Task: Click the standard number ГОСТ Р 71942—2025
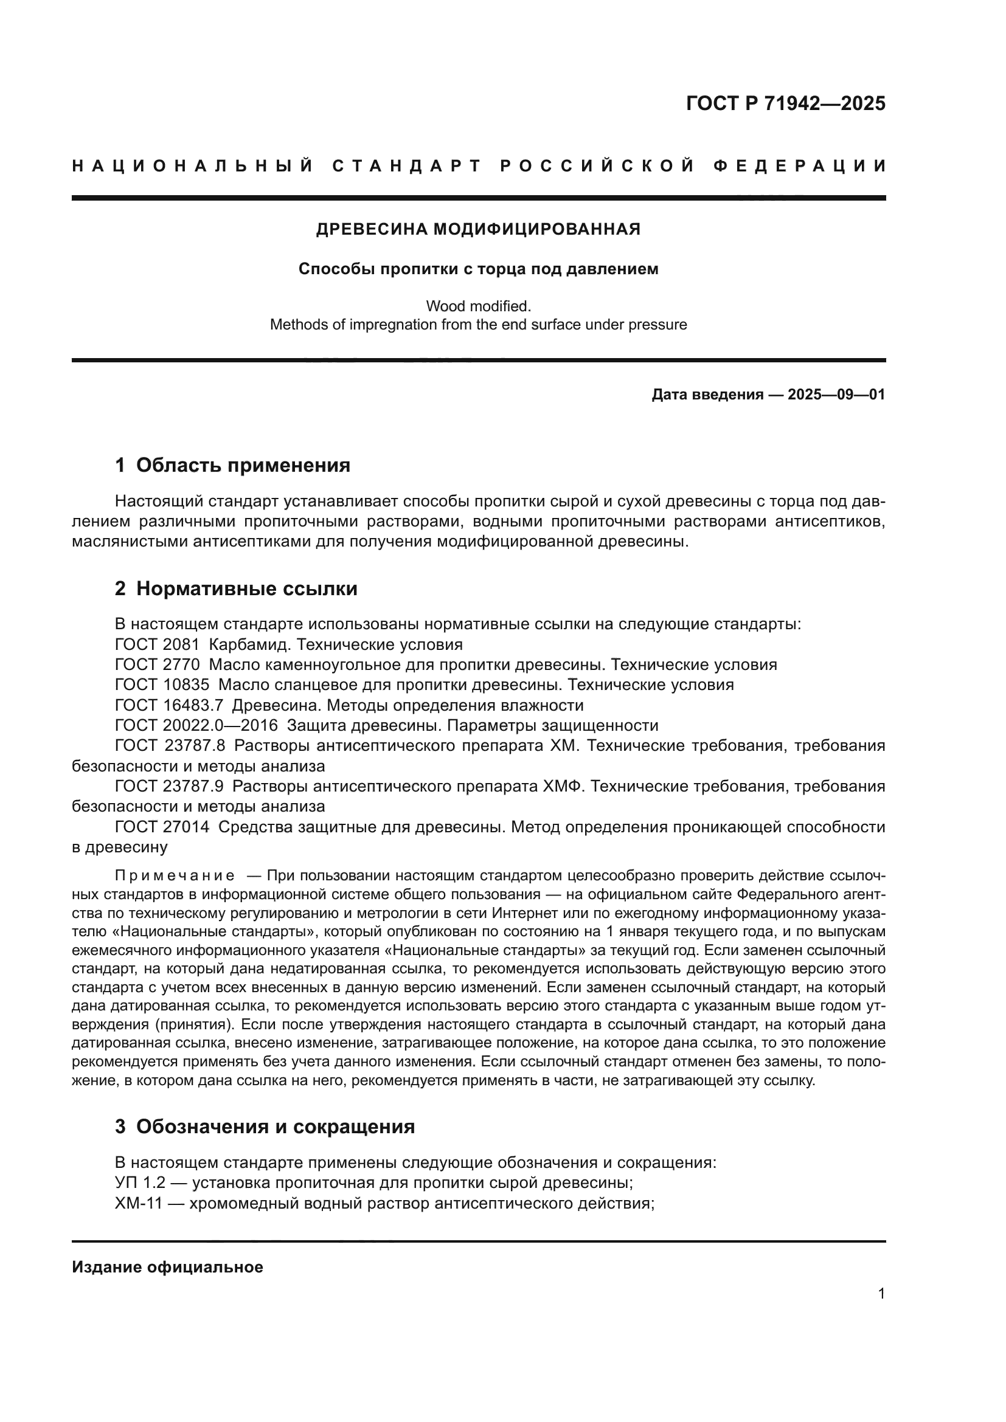pos(785,103)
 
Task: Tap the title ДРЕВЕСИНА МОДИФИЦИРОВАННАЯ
pos(478,229)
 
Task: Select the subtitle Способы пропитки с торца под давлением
pos(478,269)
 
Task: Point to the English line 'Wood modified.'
pos(478,306)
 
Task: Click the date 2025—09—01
pos(836,395)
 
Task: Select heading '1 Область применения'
pos(232,465)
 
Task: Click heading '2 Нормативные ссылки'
pos(236,588)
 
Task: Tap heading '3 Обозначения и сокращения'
pos(265,1127)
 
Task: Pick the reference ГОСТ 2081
pos(158,644)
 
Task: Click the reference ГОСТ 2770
pos(158,665)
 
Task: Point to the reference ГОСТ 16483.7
pos(168,705)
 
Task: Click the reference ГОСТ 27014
pos(162,827)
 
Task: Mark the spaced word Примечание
pos(175,875)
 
